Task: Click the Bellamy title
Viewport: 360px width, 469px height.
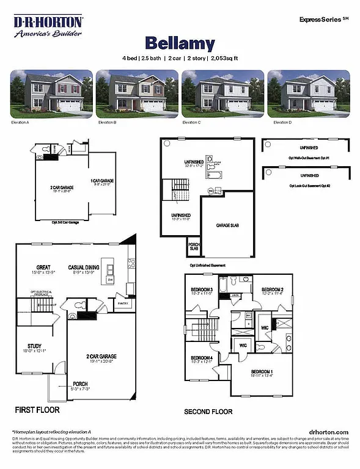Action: coord(180,43)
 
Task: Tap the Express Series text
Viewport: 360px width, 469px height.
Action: coord(321,20)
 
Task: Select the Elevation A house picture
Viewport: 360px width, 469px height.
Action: coord(51,93)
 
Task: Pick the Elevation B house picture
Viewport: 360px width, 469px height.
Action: coord(136,93)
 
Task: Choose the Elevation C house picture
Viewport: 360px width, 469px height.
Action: coord(222,93)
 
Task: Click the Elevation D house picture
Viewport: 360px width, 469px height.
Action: coord(309,93)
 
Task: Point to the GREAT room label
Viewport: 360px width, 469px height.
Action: coord(43,266)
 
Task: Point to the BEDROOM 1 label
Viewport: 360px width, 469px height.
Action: coord(262,372)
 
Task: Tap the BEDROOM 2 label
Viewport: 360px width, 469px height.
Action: coord(273,289)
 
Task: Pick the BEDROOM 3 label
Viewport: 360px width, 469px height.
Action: coord(201,289)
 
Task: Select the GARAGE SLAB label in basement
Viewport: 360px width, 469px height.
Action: coord(227,225)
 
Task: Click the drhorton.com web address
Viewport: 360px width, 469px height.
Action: coord(329,432)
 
